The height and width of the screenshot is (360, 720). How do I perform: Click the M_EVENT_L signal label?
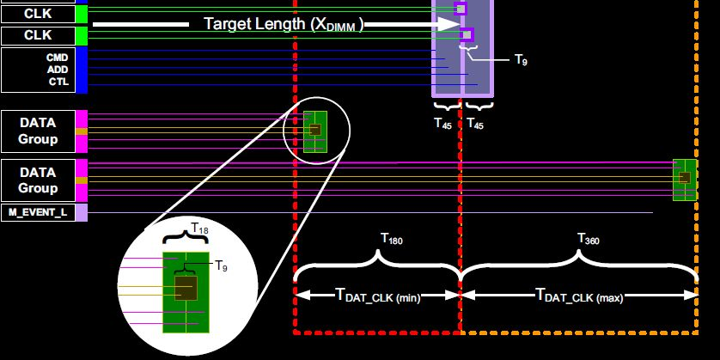[39, 212]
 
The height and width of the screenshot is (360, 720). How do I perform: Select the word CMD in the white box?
[57, 57]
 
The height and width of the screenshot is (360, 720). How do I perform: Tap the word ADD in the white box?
[57, 69]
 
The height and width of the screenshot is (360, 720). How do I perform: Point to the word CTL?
[58, 82]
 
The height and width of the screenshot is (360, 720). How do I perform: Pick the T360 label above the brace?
[588, 238]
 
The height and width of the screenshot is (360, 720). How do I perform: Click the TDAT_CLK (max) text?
[579, 296]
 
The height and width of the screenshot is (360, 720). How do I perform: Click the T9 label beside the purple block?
[521, 58]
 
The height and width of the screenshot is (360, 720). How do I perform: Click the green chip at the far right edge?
[685, 179]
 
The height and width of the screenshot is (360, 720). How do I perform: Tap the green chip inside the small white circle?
[315, 131]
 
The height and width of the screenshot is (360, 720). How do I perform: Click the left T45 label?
[443, 123]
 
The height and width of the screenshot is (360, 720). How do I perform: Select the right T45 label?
[475, 123]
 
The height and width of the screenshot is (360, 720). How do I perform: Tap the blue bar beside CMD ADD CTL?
[82, 70]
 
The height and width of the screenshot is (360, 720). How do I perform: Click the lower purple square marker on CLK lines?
[467, 35]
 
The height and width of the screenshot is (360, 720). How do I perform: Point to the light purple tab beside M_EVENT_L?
[82, 212]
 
